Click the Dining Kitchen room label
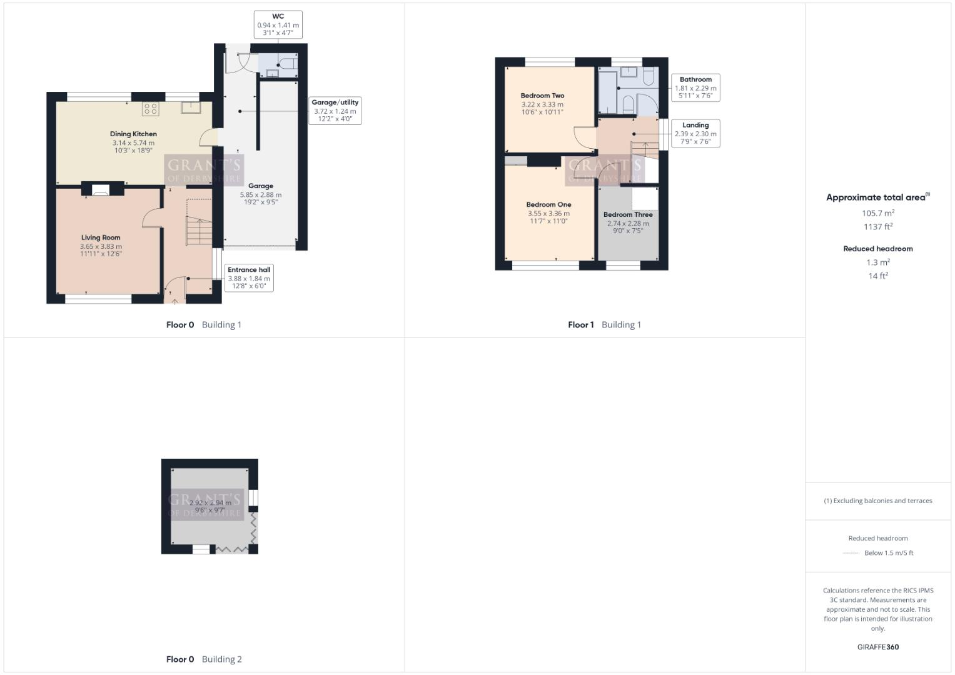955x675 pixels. pos(133,134)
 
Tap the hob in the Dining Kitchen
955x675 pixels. pos(150,109)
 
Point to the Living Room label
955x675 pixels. pos(101,237)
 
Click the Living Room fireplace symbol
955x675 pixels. pos(101,190)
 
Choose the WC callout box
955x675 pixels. pos(278,25)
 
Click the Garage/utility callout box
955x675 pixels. pos(335,111)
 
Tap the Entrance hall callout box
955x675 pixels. pos(249,277)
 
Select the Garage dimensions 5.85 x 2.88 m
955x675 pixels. pos(261,194)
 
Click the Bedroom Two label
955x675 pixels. pos(542,96)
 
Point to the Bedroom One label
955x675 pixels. pos(548,204)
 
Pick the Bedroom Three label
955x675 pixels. pos(628,214)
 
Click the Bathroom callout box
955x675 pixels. pos(695,87)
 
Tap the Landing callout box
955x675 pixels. pos(695,133)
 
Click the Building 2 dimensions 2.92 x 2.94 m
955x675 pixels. pos(210,502)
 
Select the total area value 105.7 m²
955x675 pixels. pos(878,213)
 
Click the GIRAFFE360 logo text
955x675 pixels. pos(878,647)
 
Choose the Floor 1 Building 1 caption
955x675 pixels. pos(604,324)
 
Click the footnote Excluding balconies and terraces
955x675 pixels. pos(878,501)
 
